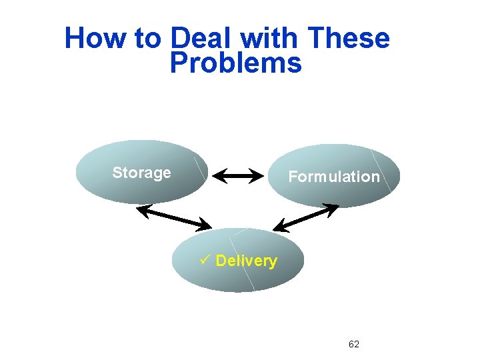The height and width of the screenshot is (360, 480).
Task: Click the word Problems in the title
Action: [x=235, y=63]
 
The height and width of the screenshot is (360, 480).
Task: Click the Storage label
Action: [x=141, y=173]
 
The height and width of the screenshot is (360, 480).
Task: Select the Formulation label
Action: [x=333, y=177]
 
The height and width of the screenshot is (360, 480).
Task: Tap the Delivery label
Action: [x=246, y=261]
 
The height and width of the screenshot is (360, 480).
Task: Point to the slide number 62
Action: [x=354, y=344]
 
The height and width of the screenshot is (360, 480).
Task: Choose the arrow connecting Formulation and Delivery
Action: [x=306, y=218]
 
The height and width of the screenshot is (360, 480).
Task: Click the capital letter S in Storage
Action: [x=117, y=173]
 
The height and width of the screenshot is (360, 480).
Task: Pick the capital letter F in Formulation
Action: [x=292, y=177]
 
